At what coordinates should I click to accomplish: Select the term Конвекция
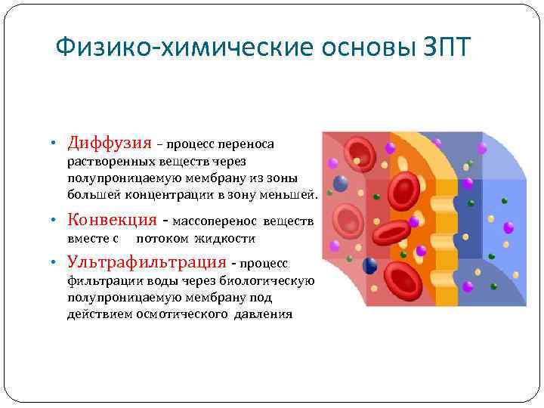[111, 220]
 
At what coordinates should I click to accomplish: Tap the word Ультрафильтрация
[147, 262]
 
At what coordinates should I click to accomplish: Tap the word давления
[262, 314]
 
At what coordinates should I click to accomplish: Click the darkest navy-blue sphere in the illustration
[370, 265]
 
